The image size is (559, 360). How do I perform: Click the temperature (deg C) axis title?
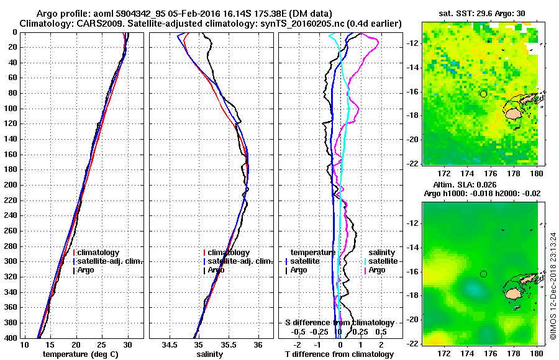point(81,354)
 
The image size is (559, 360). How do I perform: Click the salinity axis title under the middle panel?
point(211,354)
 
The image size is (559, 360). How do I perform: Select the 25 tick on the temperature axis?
point(102,344)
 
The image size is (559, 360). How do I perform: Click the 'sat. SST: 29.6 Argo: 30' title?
point(483,13)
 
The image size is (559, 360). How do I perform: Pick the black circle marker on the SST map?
point(483,94)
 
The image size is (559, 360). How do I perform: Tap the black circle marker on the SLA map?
point(483,274)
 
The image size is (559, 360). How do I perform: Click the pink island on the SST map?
point(512,114)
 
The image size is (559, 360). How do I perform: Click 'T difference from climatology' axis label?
point(340,354)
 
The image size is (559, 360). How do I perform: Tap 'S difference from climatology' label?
point(340,323)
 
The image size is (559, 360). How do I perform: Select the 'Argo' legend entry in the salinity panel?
point(216,270)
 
